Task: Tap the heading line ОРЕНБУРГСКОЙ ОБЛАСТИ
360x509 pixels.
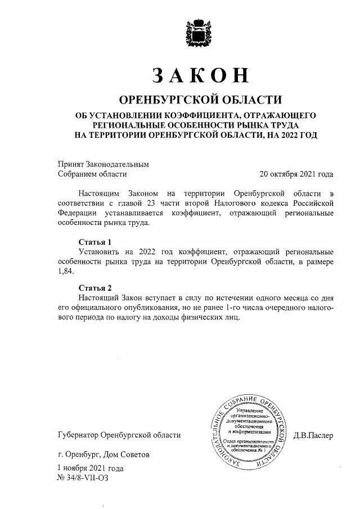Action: (196, 100)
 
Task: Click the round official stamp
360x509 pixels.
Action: (251, 433)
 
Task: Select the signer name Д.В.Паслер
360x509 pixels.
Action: (313, 435)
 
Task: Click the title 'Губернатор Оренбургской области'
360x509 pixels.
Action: (119, 435)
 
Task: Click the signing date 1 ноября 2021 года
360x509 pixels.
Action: (91, 468)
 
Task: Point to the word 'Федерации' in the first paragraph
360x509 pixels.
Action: (76, 213)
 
